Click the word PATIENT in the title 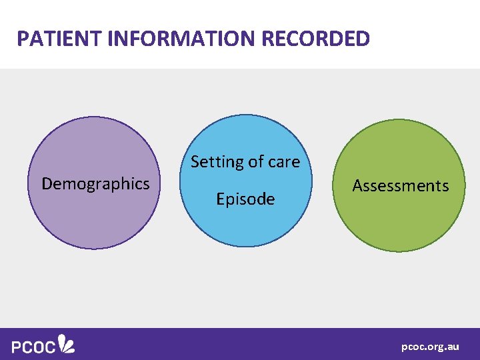(58, 39)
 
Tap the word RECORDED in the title (316, 39)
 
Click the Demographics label (95, 183)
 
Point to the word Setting (214, 162)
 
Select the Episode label (245, 199)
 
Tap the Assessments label (400, 186)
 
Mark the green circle (399, 220)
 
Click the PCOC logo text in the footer (33, 346)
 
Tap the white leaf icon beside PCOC (66, 343)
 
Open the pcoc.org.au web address (430, 347)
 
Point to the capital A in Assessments (357, 186)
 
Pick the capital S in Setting (195, 162)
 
